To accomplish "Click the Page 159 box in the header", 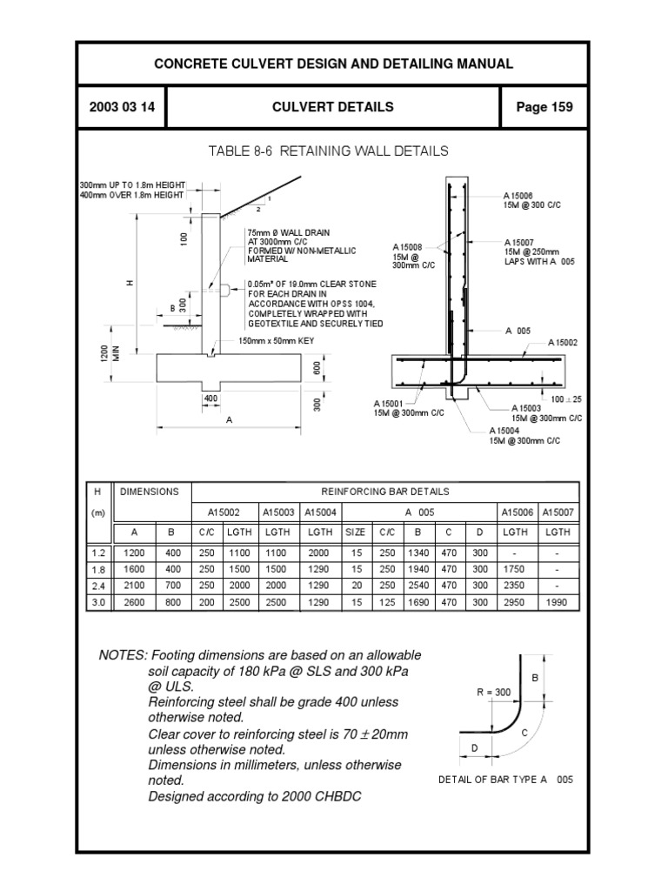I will tap(544, 107).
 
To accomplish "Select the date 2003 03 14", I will tap(122, 107).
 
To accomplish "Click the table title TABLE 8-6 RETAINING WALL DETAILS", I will tap(329, 151).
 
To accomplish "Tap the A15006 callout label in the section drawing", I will tap(518, 196).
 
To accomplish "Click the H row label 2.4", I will tap(98, 586).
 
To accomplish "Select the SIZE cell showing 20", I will tap(356, 586).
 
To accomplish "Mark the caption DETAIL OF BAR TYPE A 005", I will tap(505, 780).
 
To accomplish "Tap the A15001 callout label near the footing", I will tap(389, 403).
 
